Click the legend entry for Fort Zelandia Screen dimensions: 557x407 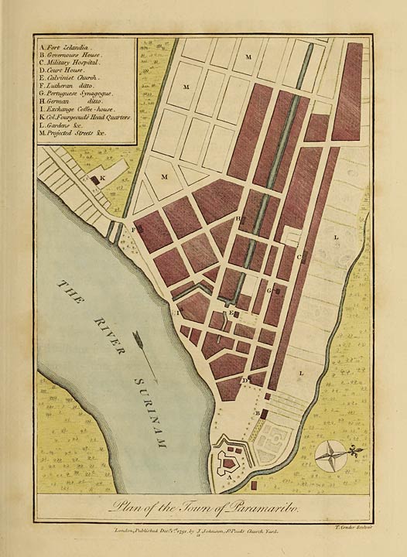pyautogui.click(x=66, y=46)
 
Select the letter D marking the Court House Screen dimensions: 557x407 pyautogui.click(x=243, y=381)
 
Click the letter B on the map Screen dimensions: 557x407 pyautogui.click(x=257, y=414)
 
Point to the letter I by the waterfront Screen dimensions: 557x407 pyautogui.click(x=178, y=313)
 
